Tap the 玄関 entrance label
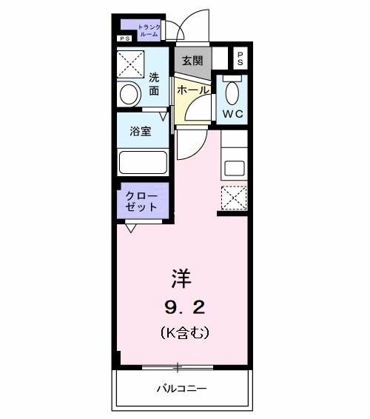click(192, 60)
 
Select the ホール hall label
click(193, 89)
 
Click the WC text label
click(234, 113)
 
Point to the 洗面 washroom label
click(154, 84)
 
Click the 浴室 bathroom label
click(141, 131)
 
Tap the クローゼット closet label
click(141, 201)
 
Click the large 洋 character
click(181, 278)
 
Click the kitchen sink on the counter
click(234, 167)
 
